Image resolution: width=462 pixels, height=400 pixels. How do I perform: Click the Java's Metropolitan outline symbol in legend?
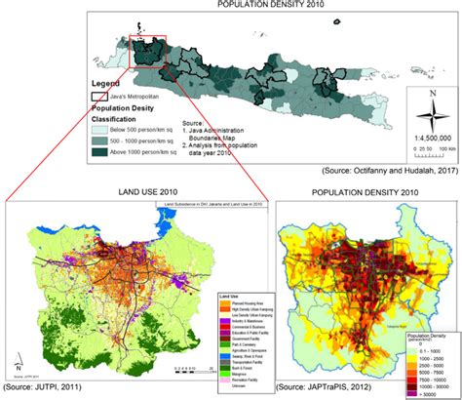tap(99, 97)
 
